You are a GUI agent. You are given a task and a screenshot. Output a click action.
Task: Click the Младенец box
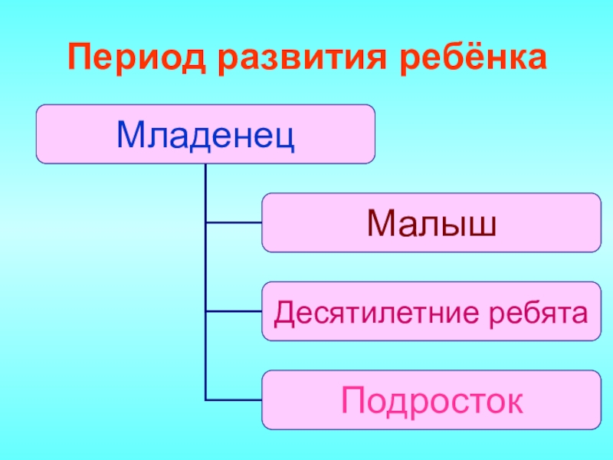pyautogui.click(x=206, y=134)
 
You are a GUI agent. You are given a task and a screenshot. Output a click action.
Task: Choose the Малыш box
pyautogui.click(x=431, y=223)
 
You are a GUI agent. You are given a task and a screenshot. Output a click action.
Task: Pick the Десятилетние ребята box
pyautogui.click(x=431, y=311)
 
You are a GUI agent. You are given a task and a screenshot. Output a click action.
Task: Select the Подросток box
pyautogui.click(x=431, y=399)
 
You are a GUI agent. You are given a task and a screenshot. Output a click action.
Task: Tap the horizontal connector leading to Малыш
pyautogui.click(x=234, y=223)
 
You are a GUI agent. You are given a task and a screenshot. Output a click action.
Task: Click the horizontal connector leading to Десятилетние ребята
pyautogui.click(x=234, y=311)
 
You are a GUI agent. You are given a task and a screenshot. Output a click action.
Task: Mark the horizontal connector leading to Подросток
pyautogui.click(x=234, y=399)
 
